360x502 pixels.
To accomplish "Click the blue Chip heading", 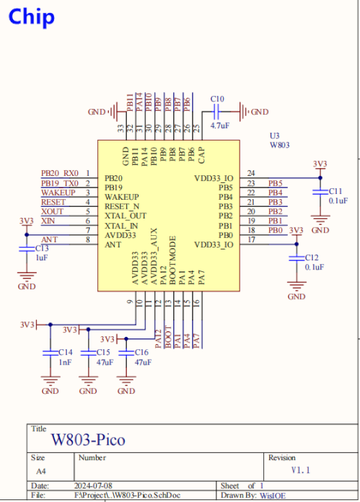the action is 32,17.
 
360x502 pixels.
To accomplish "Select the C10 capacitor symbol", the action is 216,111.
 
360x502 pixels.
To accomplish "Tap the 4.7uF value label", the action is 220,126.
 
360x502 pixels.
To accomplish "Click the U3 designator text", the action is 274,136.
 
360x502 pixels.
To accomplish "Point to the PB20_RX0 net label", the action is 60,173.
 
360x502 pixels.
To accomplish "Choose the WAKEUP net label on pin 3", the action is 58,193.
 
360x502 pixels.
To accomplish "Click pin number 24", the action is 251,173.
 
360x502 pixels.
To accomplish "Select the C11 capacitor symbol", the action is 320,192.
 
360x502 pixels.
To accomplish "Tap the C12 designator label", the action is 312,258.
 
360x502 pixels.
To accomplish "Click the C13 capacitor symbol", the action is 26,249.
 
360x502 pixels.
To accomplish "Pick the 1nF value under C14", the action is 65,362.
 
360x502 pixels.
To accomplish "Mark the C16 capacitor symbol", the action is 126,352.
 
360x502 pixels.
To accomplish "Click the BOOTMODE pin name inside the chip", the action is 173,260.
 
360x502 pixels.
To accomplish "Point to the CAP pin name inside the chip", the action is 202,155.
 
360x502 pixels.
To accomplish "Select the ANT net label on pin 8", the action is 50,240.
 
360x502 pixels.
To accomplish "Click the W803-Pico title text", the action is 88,439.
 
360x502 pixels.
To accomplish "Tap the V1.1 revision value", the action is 301,470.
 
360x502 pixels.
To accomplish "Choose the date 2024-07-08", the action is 93,486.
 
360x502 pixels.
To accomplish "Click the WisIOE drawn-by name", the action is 272,496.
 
